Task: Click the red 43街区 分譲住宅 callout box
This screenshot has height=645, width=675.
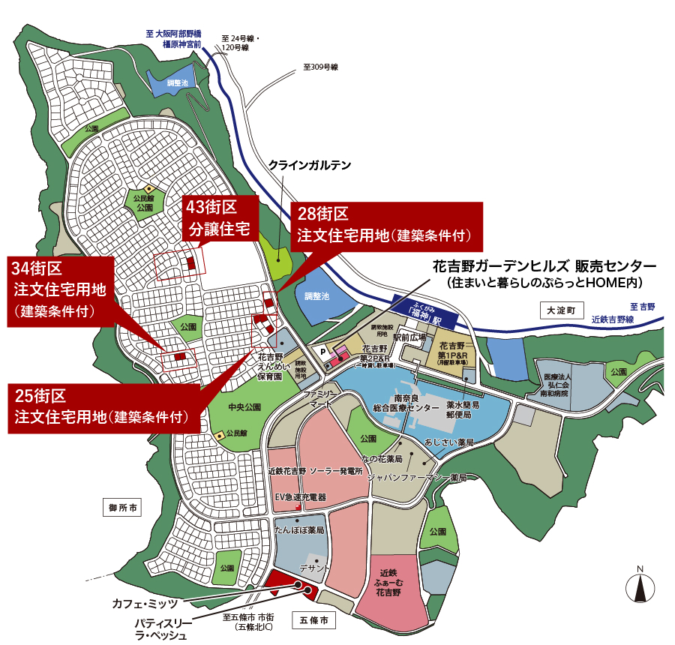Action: [x=220, y=217]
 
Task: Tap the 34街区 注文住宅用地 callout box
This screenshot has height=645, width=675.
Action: [x=61, y=289]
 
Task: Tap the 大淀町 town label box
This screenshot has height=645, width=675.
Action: [x=559, y=309]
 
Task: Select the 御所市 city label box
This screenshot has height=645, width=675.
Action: [x=123, y=508]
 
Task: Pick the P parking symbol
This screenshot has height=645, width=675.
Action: [x=323, y=349]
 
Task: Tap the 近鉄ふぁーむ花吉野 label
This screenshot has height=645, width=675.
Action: [x=396, y=582]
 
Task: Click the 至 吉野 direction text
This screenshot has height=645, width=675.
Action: [x=642, y=307]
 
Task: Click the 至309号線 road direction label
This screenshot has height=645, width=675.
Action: [x=320, y=67]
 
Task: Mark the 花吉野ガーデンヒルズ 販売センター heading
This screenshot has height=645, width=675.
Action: [x=544, y=266]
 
